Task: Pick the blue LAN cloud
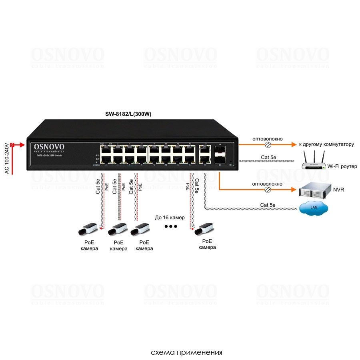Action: (x=314, y=208)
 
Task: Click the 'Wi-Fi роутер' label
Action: (x=342, y=166)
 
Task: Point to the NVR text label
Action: (x=338, y=190)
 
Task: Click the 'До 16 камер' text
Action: (x=170, y=218)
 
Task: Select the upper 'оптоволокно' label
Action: (x=267, y=139)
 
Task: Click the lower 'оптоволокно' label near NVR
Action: (x=267, y=184)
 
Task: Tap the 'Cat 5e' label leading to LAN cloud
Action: (x=268, y=205)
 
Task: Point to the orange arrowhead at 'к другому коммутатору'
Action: (x=294, y=144)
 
